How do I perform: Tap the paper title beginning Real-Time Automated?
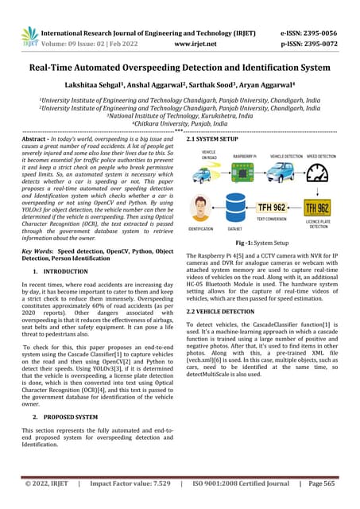(x=180, y=68)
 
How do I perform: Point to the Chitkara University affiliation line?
(x=180, y=123)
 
